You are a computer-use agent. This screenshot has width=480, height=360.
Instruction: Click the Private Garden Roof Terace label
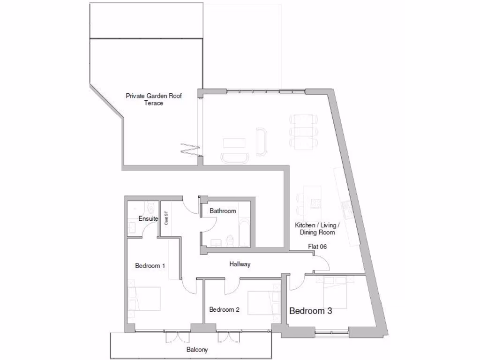(x=153, y=99)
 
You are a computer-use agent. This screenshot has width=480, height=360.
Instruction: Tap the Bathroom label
(x=223, y=211)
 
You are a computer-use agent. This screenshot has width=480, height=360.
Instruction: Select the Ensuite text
(x=148, y=219)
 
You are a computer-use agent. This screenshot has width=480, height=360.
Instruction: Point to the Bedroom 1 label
(x=150, y=266)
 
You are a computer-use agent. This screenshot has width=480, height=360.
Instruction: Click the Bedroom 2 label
(x=225, y=309)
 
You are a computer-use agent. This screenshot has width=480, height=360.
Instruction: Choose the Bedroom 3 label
(x=311, y=311)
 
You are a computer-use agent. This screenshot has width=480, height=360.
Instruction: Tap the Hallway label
(x=240, y=264)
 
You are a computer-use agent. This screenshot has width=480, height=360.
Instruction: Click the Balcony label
(x=197, y=350)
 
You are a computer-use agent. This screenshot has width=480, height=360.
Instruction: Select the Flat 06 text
(x=317, y=247)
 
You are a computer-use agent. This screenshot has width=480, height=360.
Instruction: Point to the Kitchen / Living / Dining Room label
(x=317, y=229)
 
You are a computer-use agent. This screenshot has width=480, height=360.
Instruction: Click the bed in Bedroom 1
(x=145, y=299)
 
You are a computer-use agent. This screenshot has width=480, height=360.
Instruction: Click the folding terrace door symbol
(x=191, y=150)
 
